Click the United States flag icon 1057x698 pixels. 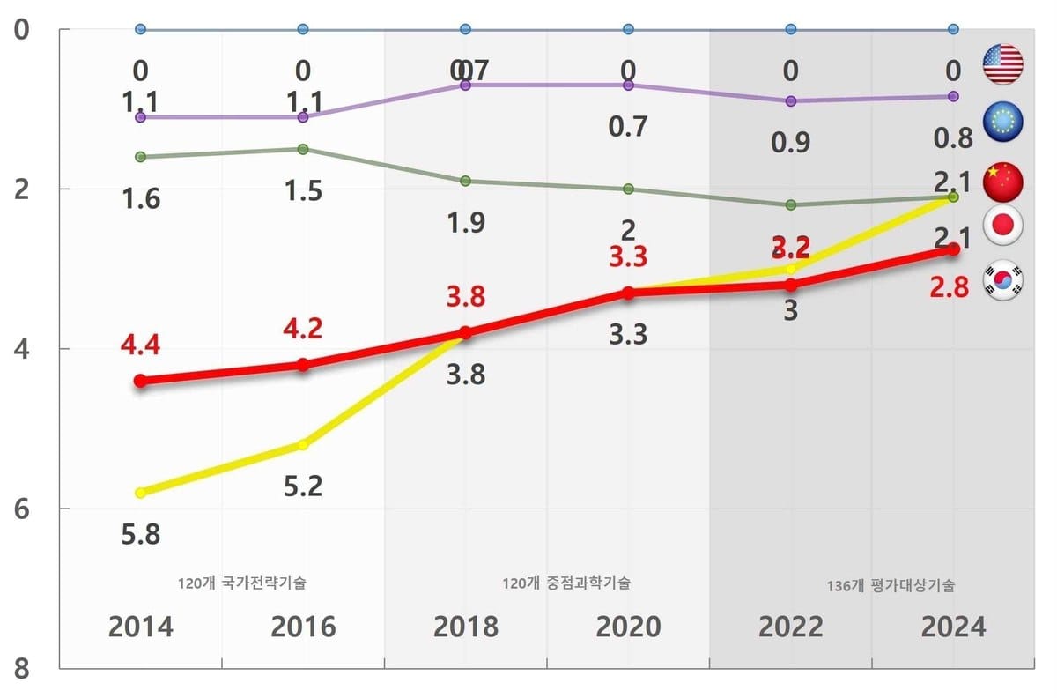(x=1002, y=64)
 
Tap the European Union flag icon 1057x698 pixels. (x=1002, y=121)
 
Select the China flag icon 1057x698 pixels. (x=1002, y=182)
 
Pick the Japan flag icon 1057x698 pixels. (x=1002, y=226)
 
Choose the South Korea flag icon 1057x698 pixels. (x=1002, y=279)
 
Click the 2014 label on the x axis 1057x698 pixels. (x=141, y=627)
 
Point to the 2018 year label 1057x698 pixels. (x=465, y=627)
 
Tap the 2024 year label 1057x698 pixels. (x=953, y=627)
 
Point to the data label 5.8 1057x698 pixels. (x=141, y=534)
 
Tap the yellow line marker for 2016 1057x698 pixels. (x=303, y=445)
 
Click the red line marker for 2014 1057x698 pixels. (x=140, y=381)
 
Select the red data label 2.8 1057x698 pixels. (x=949, y=287)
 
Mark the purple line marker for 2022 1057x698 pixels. (x=790, y=100)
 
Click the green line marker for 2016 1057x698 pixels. (x=303, y=149)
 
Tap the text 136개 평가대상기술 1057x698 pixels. (x=891, y=585)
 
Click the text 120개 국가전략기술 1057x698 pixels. (x=241, y=583)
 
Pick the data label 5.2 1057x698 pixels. (x=303, y=486)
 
